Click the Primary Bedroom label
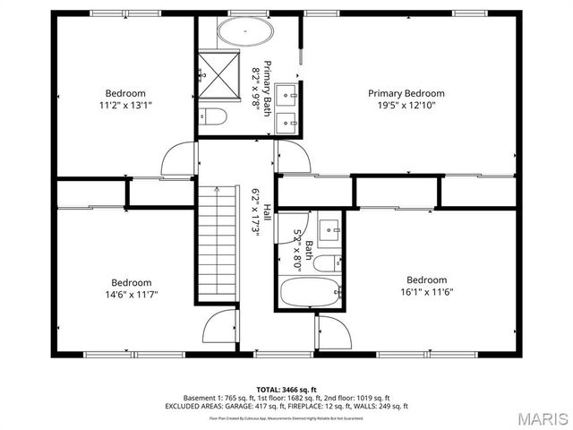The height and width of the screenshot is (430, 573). tap(406, 93)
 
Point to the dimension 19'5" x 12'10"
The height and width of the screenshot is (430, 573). tap(406, 105)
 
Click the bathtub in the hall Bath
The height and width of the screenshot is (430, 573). tap(307, 292)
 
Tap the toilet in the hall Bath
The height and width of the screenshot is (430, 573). tap(330, 262)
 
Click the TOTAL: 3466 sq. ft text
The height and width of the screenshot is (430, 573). tap(286, 389)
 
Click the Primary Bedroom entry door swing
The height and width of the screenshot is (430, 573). tap(294, 160)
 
